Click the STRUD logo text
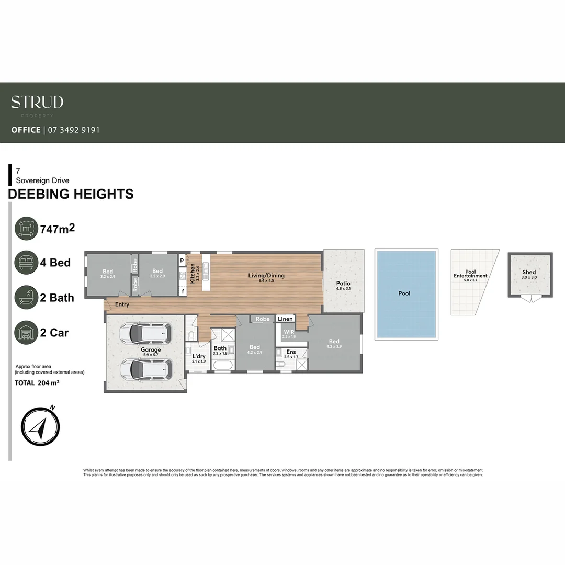tap(37, 102)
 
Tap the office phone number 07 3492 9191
tap(74, 130)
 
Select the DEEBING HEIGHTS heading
tap(71, 194)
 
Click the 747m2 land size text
tap(58, 228)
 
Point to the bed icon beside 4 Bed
tap(26, 263)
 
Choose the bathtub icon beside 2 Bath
tap(26, 298)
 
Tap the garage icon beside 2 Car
tap(26, 333)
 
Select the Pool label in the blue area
tap(404, 293)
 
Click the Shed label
tap(529, 272)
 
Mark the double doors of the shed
tap(529, 299)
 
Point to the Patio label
tap(343, 284)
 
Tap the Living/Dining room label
tap(267, 275)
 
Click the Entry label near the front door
tap(121, 304)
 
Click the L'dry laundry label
tap(199, 356)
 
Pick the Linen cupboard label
tap(285, 319)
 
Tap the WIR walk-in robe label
tap(289, 332)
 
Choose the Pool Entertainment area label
tap(470, 274)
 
